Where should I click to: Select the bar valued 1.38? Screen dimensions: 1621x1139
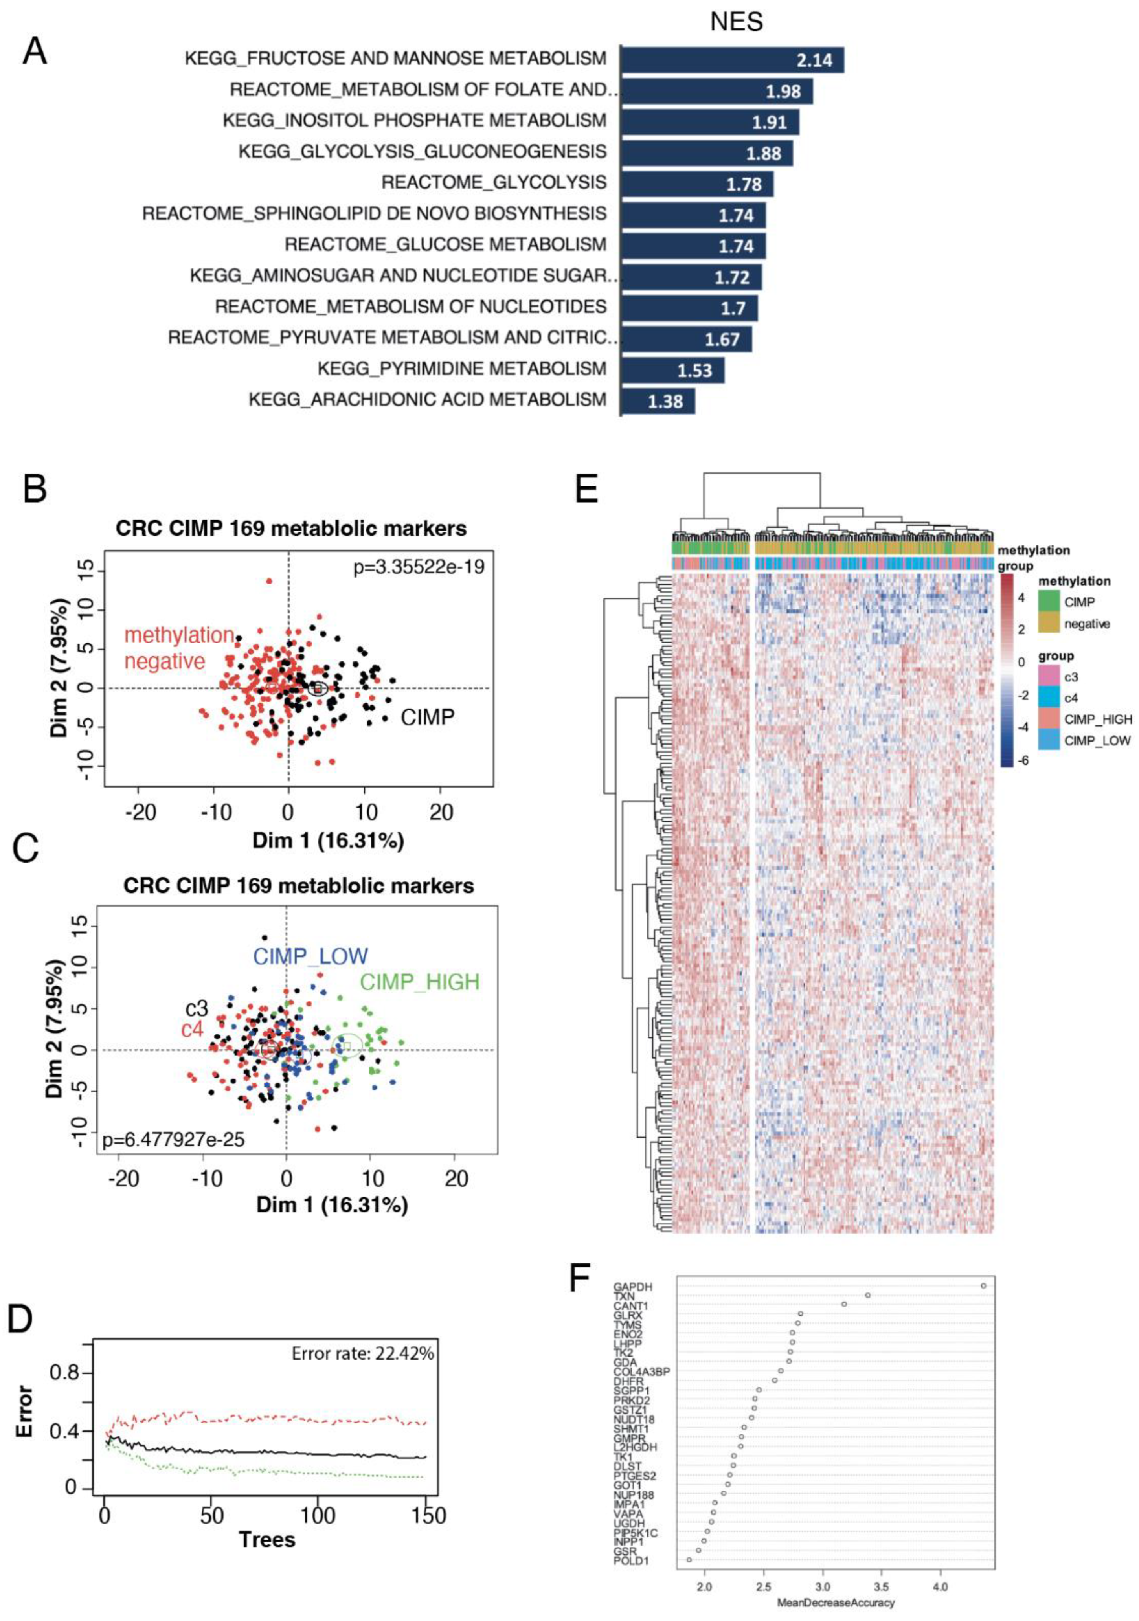(x=658, y=401)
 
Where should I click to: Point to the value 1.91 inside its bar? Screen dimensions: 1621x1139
(x=769, y=122)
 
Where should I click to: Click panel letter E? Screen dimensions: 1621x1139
(x=587, y=488)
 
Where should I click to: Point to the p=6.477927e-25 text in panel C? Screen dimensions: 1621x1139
(x=174, y=1139)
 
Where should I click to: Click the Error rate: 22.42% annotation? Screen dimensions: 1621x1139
(x=362, y=1353)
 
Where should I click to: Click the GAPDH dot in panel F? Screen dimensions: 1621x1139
(x=983, y=1286)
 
